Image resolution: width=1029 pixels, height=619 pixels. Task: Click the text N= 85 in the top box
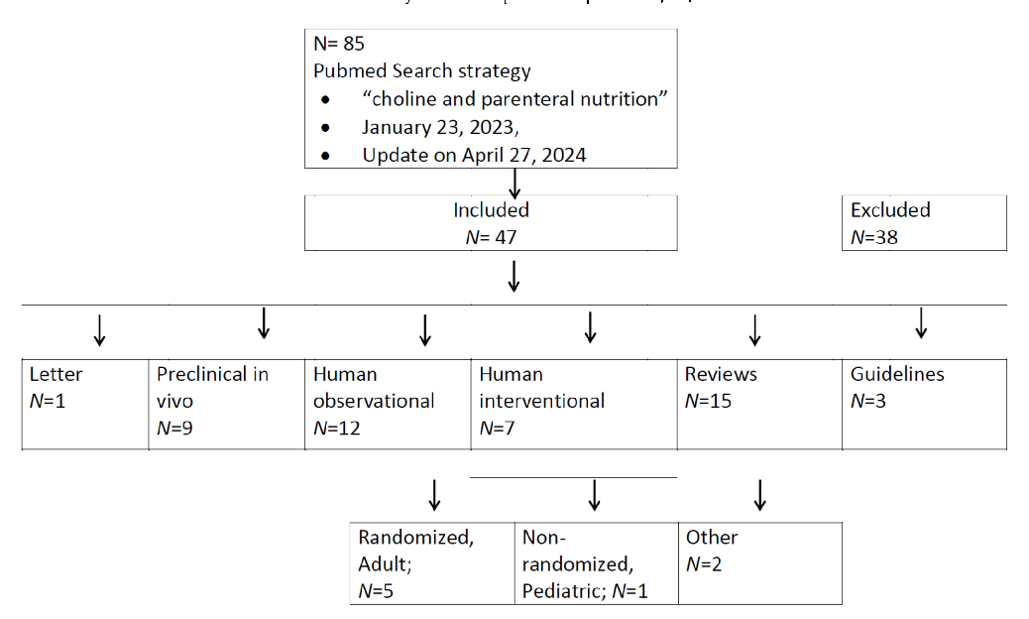point(340,44)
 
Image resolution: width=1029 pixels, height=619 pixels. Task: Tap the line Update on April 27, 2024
point(474,155)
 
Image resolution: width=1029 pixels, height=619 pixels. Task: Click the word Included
point(491,210)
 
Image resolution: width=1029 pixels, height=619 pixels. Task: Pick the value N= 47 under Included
point(491,236)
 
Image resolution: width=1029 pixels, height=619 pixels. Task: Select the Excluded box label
point(890,210)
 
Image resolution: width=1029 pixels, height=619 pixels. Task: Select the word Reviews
point(720,374)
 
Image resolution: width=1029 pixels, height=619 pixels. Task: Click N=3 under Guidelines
point(871,401)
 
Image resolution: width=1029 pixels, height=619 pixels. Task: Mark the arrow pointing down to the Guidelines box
point(920,323)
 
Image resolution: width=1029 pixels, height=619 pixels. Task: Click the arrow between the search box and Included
point(514,182)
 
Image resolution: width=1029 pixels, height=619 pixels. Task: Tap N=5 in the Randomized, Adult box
point(380,590)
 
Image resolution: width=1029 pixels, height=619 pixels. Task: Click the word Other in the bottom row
point(711,537)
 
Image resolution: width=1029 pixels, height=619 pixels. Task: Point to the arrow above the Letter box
point(98,330)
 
